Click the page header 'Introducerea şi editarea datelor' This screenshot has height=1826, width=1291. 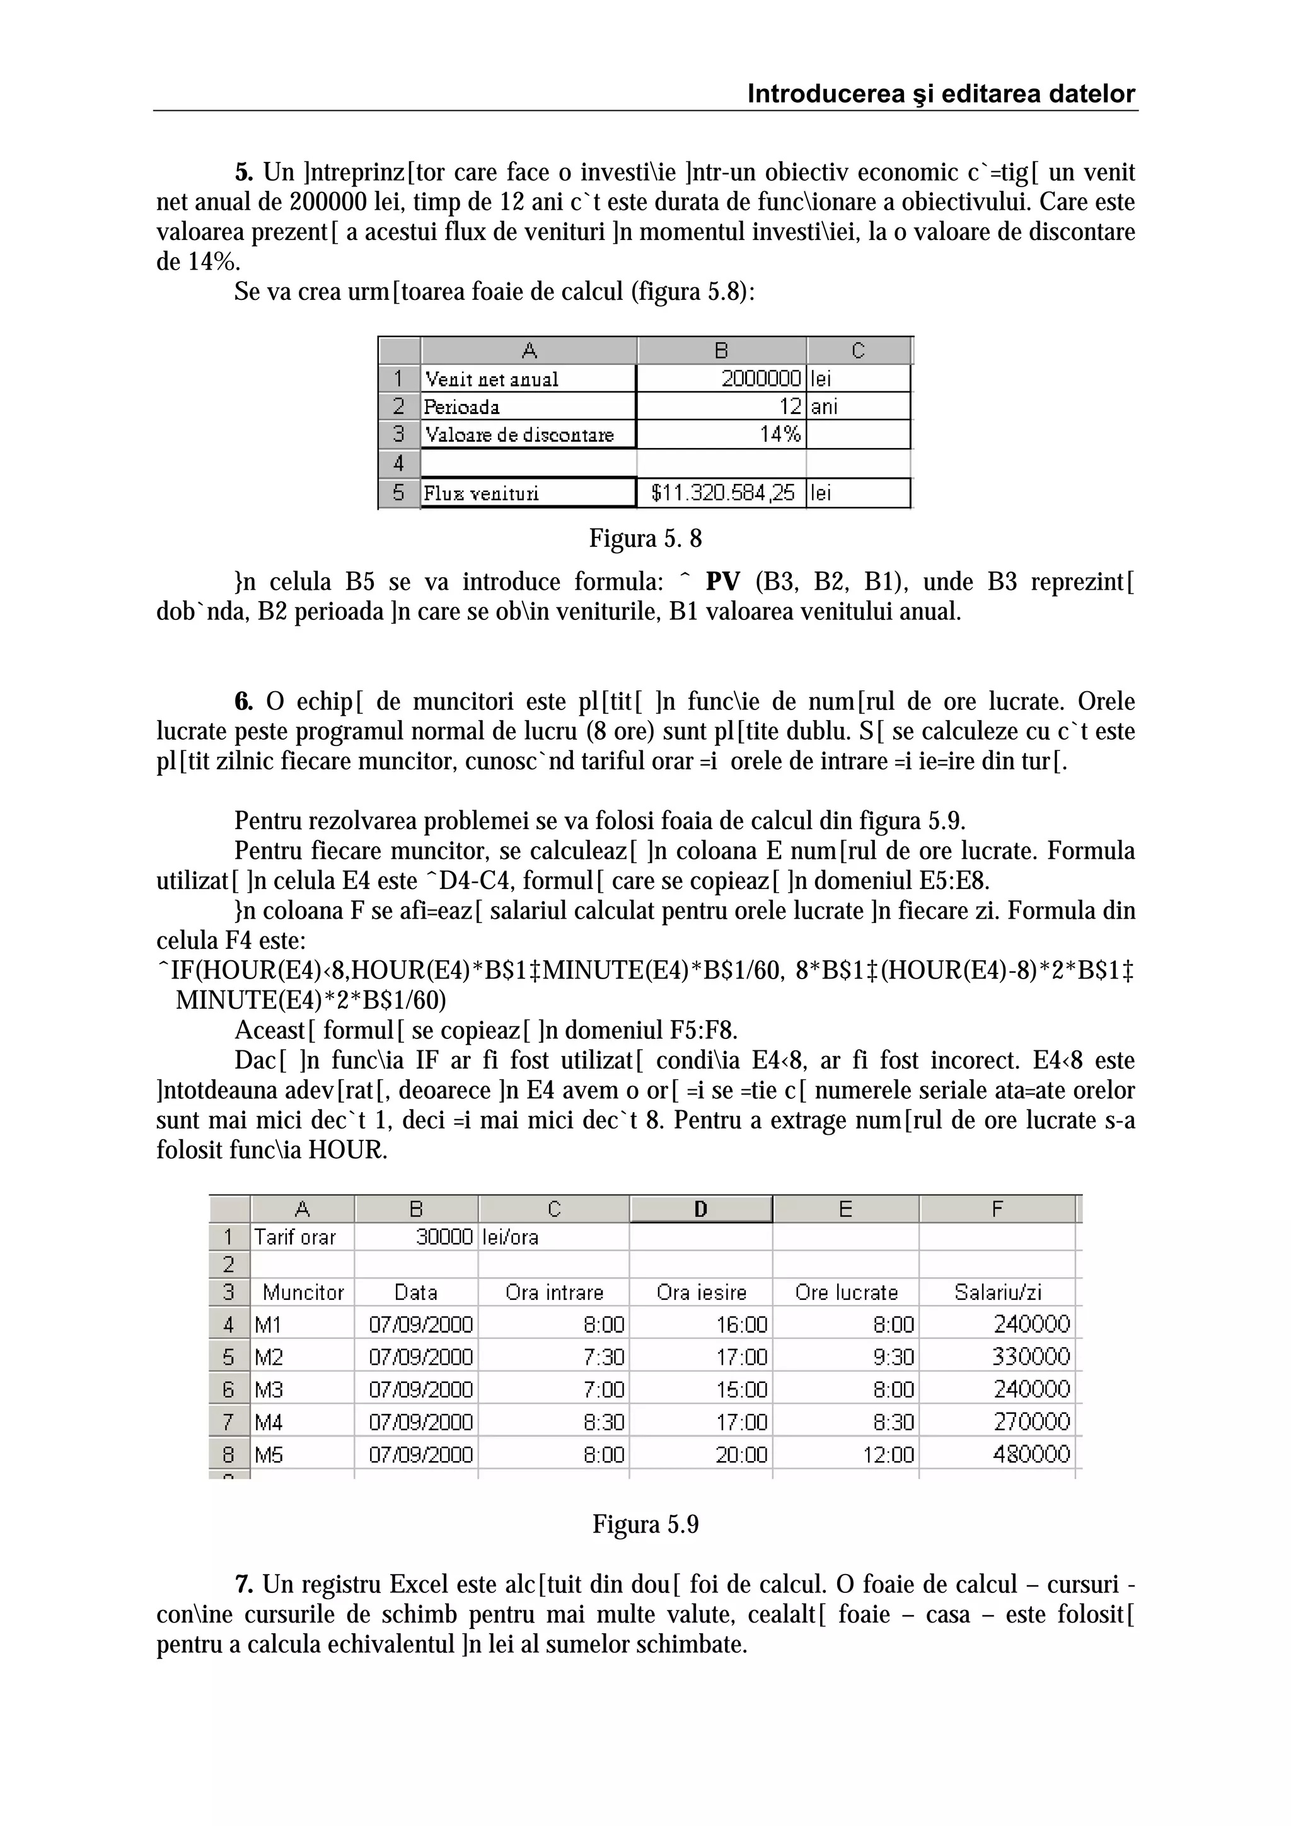[941, 94]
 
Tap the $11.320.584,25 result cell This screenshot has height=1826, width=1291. [722, 493]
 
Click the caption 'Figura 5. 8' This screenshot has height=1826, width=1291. [645, 539]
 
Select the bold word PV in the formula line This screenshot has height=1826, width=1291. [722, 582]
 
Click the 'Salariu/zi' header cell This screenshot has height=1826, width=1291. [997, 1293]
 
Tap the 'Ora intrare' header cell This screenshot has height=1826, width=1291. [555, 1293]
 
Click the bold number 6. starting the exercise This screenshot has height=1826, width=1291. [243, 701]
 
